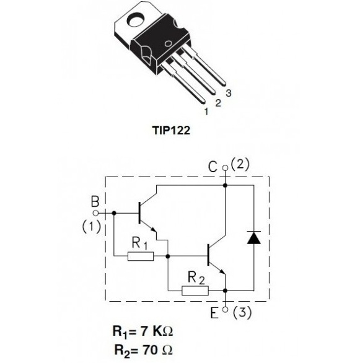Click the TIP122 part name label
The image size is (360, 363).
click(171, 130)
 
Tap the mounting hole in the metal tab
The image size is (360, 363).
click(136, 20)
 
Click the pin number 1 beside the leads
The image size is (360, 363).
click(206, 112)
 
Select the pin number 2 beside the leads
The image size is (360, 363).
click(218, 103)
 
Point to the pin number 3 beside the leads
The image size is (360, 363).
click(229, 93)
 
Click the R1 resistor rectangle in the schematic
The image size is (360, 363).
click(141, 256)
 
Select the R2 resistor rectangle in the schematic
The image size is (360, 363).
click(195, 291)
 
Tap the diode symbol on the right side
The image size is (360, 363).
click(254, 237)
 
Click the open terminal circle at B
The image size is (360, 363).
click(95, 213)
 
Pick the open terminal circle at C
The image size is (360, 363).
click(225, 168)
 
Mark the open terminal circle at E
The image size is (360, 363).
click(225, 310)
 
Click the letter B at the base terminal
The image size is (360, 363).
click(95, 201)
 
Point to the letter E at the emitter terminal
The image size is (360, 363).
click(214, 313)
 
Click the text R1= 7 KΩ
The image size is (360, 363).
click(143, 331)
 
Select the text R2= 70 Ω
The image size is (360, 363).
click(144, 350)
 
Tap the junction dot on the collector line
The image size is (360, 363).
click(225, 185)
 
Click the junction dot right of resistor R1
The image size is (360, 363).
click(168, 256)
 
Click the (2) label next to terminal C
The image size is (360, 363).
click(240, 164)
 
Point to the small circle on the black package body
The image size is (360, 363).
click(168, 43)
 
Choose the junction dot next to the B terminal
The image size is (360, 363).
click(114, 213)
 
